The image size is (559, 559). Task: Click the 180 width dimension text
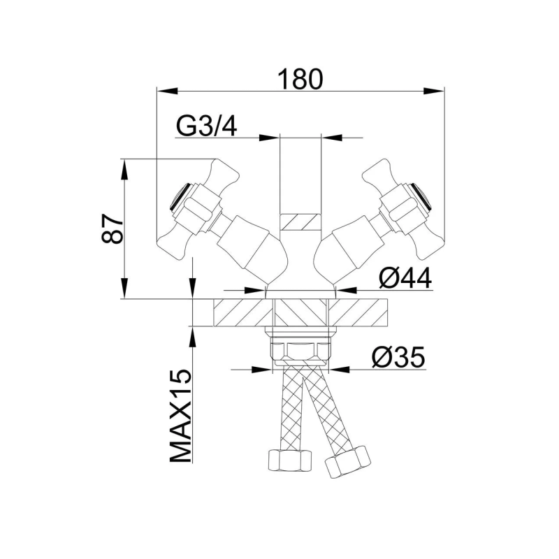[300, 79]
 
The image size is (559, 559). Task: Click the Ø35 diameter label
[398, 358]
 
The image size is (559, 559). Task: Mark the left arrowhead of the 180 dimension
[164, 89]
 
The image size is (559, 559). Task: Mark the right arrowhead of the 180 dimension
[437, 89]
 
